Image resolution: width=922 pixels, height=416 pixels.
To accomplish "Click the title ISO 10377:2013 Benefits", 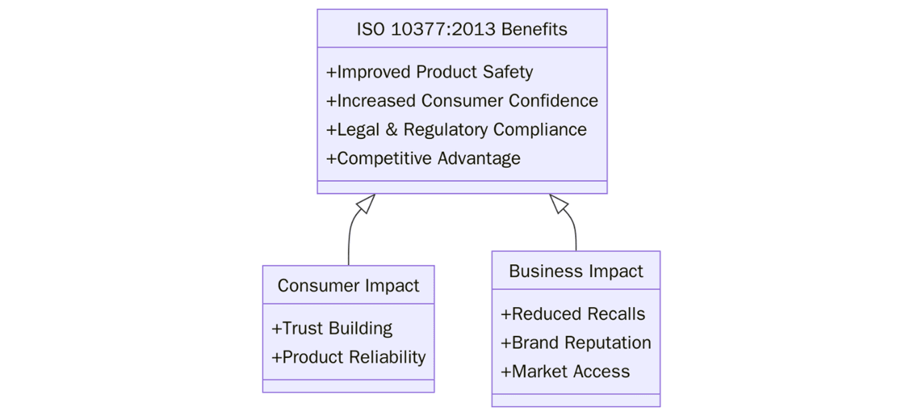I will pos(461,29).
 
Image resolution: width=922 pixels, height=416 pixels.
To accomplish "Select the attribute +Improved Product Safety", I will pos(429,72).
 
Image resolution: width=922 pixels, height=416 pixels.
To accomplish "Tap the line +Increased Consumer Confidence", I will pos(462,100).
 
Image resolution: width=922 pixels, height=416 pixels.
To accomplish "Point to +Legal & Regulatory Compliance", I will pos(456,129).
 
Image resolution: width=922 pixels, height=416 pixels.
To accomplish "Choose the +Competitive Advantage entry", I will pos(423,158).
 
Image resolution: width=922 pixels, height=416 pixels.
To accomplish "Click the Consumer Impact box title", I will pos(348,286).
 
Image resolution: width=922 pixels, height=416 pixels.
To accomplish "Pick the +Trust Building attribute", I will pos(332,328).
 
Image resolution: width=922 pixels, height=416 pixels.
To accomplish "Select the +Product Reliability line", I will pos(348,356).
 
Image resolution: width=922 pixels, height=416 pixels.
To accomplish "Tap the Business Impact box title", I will pos(576,271).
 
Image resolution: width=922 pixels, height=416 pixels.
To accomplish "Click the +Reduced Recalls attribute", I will pos(573,314).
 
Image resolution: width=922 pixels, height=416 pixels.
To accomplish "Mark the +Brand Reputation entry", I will pos(576,342).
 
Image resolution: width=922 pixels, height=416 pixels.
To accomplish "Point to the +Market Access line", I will pos(565,371).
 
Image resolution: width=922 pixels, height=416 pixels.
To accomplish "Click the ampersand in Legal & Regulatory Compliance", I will pos(391,129).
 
